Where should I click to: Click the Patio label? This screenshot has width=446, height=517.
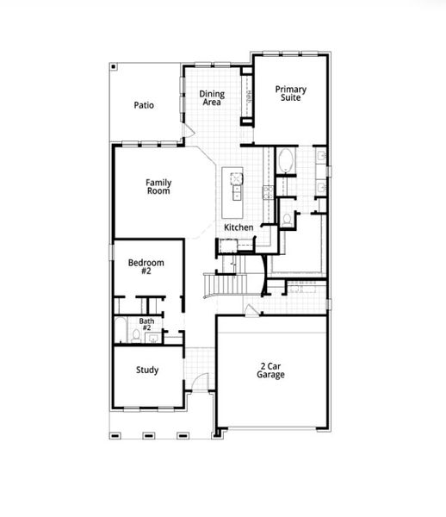144,105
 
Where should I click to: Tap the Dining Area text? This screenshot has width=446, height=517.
212,98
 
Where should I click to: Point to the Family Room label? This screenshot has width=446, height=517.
158,186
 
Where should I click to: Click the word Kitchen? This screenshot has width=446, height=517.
238,227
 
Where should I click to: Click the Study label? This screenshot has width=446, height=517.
146,371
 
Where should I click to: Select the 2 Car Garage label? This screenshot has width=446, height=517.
271,370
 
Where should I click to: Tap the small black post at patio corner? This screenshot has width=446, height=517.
113,65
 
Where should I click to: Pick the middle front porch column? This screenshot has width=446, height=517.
147,433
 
